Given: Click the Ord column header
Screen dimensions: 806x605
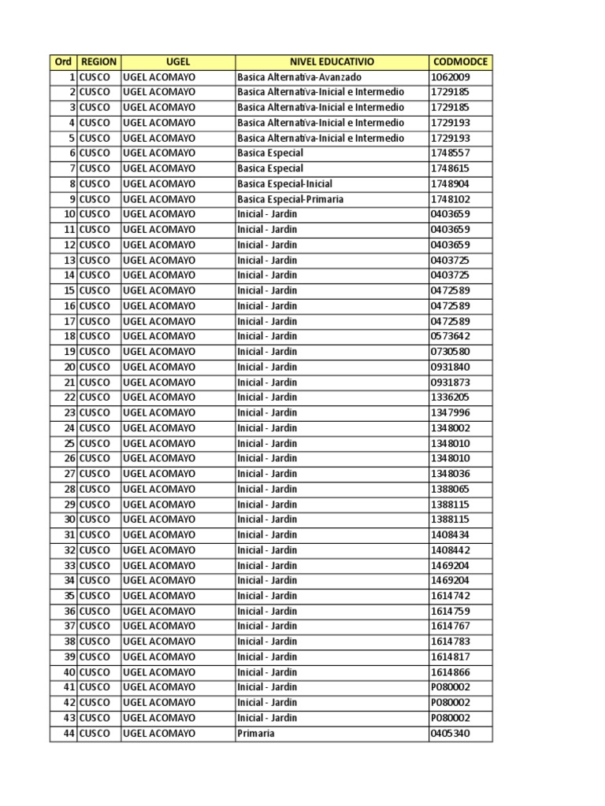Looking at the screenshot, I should click(63, 61).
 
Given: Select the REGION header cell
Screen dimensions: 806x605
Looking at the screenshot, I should click(98, 61).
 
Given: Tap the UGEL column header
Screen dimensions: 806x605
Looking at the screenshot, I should click(178, 61).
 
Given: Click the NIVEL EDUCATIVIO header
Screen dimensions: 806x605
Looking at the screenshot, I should click(332, 61).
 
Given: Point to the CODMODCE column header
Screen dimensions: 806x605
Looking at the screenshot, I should click(460, 61).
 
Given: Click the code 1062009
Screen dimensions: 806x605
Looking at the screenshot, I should click(450, 77).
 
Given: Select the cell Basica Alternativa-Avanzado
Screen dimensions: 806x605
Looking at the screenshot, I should click(299, 77).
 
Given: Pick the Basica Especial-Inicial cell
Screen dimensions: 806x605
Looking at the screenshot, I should click(284, 183).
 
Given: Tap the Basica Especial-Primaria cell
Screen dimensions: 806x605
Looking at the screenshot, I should click(290, 199).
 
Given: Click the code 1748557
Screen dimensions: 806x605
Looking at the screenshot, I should click(450, 153).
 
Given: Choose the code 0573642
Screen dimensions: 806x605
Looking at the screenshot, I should click(450, 336).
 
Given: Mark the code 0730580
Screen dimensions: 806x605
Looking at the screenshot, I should click(450, 352).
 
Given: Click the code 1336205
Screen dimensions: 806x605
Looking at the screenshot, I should click(450, 397).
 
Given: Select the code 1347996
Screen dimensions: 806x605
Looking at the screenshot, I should click(450, 412).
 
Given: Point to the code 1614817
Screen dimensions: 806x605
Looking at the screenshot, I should click(450, 656).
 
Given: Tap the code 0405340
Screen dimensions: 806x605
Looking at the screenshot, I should click(450, 733).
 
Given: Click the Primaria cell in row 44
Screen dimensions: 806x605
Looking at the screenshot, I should click(256, 733).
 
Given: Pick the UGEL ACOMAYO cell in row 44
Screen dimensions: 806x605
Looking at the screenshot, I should click(159, 733).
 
